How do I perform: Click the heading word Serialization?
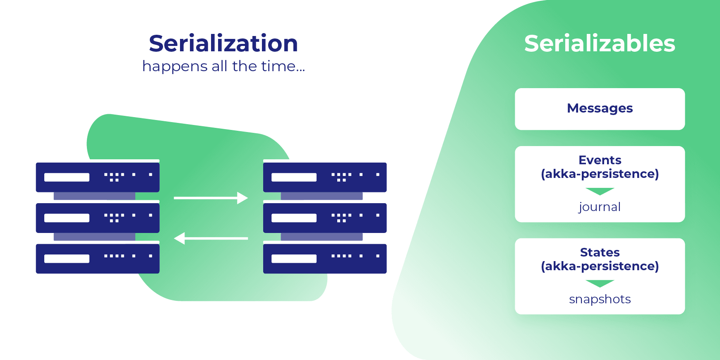223,43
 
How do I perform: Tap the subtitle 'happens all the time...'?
223,66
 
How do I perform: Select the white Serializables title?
600,43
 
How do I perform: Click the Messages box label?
600,108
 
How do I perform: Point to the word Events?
600,160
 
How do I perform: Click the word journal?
600,207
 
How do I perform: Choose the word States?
600,252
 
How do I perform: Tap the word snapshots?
600,299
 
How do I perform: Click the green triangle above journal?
600,191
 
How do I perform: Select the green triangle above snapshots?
600,283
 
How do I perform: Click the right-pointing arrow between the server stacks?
211,198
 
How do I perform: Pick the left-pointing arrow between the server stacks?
211,238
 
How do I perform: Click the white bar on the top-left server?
67,178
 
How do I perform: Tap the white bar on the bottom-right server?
294,259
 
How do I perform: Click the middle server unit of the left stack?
98,218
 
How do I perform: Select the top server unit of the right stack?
325,177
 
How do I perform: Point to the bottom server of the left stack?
98,259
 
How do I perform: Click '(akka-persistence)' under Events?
600,174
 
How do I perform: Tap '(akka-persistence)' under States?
600,266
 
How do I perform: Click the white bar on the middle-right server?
294,218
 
